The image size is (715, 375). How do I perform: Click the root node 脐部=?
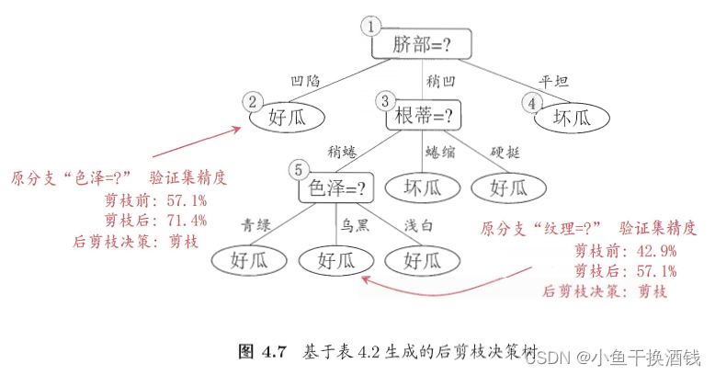pos(422,44)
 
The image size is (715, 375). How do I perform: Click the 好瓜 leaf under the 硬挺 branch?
pos(507,188)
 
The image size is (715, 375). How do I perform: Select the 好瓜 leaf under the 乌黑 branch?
pos(337,260)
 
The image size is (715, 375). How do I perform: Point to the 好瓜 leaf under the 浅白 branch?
pos(422,260)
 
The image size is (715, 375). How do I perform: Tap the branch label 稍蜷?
pos(341,152)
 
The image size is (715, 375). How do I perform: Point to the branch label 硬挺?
pos(505,152)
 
